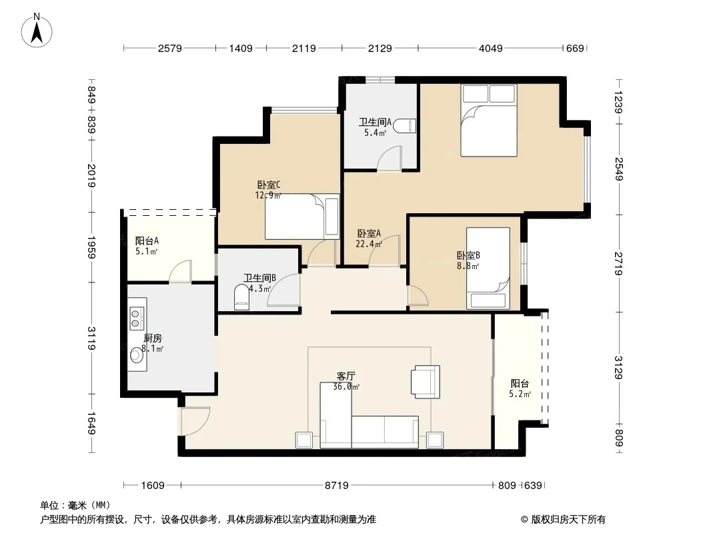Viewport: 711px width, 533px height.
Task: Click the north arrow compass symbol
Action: point(37,30)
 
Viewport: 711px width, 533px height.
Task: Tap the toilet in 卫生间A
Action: point(405,127)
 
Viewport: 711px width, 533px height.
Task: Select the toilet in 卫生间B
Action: point(241,297)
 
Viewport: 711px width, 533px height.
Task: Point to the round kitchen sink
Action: point(137,356)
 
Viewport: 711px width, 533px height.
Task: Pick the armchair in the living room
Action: point(426,382)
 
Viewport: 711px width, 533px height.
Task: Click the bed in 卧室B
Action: point(488,268)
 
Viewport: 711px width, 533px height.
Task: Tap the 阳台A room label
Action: point(147,241)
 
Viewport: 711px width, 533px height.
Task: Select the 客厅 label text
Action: point(346,376)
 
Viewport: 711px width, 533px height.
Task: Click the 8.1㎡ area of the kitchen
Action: point(152,348)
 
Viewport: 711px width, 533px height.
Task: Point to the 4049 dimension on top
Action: point(491,48)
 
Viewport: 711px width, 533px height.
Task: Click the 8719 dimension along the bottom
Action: point(336,486)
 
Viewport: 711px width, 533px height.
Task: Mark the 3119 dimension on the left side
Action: point(91,338)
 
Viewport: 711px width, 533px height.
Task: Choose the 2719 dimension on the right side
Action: point(619,264)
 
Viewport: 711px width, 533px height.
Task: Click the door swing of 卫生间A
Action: point(390,158)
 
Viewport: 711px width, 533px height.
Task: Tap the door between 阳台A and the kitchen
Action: point(181,272)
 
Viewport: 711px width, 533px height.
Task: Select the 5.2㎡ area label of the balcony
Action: point(520,394)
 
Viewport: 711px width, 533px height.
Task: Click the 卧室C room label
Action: point(269,185)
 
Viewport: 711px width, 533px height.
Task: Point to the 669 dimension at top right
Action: point(575,48)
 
